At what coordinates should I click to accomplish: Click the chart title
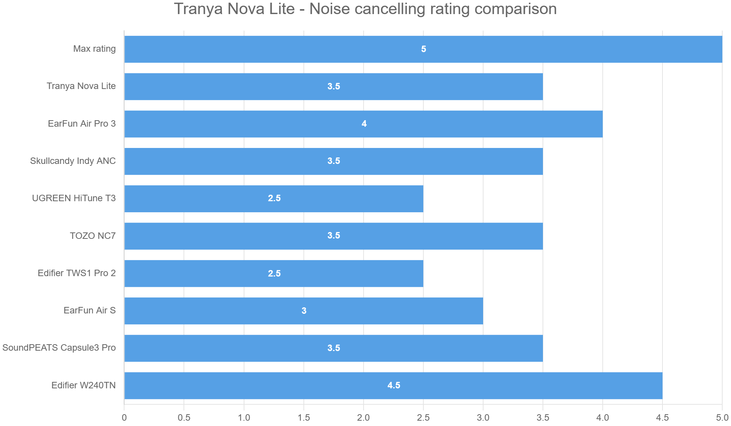(x=365, y=9)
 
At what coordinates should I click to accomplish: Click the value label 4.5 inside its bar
(x=394, y=385)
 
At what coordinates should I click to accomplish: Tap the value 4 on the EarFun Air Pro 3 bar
(x=364, y=124)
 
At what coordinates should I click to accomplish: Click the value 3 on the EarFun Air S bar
(x=304, y=311)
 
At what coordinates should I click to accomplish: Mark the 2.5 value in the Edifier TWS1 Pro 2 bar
(x=274, y=273)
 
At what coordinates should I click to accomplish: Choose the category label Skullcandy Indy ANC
(x=73, y=161)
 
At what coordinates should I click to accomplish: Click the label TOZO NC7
(x=93, y=236)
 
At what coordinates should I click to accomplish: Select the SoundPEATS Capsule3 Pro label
(x=59, y=348)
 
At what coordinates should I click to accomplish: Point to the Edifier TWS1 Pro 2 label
(x=77, y=273)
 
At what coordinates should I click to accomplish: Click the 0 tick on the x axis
(x=124, y=418)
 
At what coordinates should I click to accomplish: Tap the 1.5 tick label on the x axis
(x=304, y=418)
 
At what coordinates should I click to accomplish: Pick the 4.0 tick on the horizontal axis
(x=603, y=418)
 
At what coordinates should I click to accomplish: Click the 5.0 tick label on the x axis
(x=722, y=418)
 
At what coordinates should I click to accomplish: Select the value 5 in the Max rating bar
(x=423, y=49)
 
